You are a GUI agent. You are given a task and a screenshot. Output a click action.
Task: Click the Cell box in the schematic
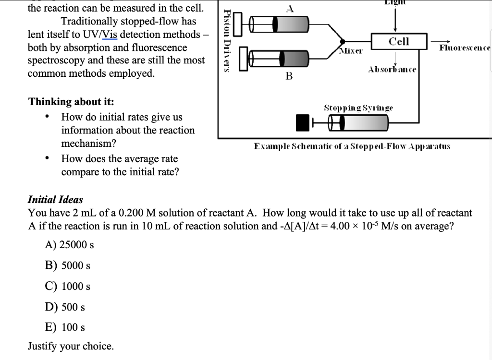click(399, 41)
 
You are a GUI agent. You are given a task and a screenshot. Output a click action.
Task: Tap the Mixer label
click(351, 50)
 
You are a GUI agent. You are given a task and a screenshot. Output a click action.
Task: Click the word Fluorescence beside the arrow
click(465, 48)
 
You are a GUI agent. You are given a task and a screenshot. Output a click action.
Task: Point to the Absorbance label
click(392, 70)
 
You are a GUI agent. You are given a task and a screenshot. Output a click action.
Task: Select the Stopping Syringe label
click(358, 108)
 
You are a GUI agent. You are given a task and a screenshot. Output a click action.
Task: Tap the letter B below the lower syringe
click(289, 75)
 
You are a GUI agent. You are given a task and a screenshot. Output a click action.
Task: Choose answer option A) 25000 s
click(69, 244)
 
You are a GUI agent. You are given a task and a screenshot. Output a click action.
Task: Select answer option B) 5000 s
click(67, 265)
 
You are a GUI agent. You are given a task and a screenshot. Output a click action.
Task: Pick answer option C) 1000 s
click(67, 286)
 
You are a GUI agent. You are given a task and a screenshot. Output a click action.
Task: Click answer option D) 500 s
click(65, 307)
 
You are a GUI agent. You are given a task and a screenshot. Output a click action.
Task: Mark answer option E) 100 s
click(65, 327)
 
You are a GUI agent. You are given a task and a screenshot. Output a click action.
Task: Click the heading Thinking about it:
click(72, 102)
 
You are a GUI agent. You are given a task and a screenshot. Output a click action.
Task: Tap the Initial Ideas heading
click(55, 199)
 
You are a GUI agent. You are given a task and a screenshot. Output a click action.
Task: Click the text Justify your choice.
click(71, 346)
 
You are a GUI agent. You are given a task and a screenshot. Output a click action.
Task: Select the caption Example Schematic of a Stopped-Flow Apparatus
click(352, 146)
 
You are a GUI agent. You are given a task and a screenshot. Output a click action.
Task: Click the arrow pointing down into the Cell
click(395, 20)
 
